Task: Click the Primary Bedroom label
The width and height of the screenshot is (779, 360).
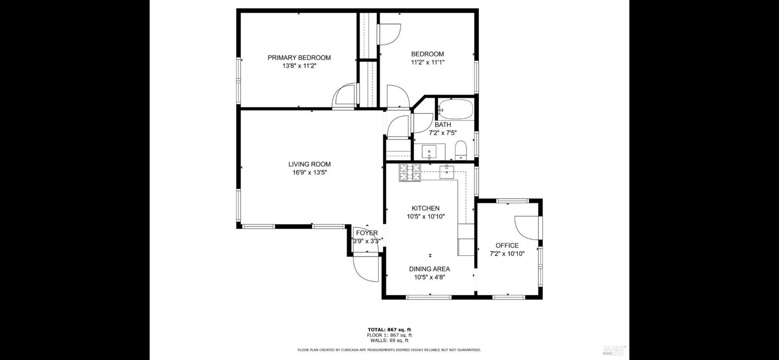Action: tap(299, 57)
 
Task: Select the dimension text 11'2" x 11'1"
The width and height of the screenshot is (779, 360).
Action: tap(428, 62)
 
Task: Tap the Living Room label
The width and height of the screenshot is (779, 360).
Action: tap(309, 164)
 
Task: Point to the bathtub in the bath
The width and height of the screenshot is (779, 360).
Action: tap(455, 109)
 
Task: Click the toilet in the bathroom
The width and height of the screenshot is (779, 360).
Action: tap(461, 150)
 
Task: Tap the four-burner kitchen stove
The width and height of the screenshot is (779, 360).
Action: tap(410, 173)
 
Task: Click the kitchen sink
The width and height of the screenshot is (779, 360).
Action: tap(447, 172)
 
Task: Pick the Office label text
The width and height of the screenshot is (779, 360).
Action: tap(507, 245)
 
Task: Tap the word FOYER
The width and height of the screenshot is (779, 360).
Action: tap(367, 233)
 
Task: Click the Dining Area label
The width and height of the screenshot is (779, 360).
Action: tap(429, 269)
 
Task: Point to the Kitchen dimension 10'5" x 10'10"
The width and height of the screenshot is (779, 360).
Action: tap(426, 217)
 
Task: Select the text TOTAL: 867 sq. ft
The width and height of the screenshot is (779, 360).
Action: tap(389, 330)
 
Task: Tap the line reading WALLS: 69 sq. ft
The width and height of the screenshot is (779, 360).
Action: tap(389, 341)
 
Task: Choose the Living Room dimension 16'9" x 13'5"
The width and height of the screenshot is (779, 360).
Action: tap(309, 172)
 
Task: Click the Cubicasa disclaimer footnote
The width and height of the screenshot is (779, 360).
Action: tap(389, 350)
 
